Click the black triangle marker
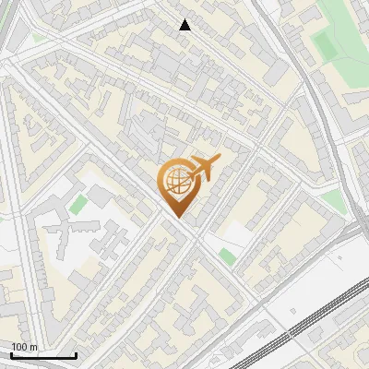pyautogui.click(x=185, y=25)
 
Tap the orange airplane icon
pyautogui.click(x=205, y=168)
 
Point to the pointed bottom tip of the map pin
pyautogui.click(x=177, y=217)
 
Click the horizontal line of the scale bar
pyautogui.click(x=43, y=355)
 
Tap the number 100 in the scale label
pyautogui.click(x=20, y=347)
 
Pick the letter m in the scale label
pyautogui.click(x=34, y=347)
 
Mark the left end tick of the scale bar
pyautogui.click(x=10, y=353)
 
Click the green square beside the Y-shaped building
pyautogui.click(x=79, y=204)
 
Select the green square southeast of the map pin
pyautogui.click(x=227, y=256)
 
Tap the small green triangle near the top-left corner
pyautogui.click(x=38, y=39)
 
